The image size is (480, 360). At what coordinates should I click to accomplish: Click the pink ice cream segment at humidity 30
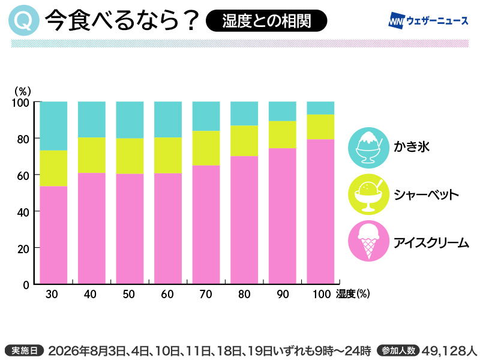pos(53,235)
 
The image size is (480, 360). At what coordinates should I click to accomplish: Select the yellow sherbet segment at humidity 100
pos(320,127)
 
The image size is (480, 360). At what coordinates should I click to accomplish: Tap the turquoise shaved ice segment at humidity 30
pos(53,126)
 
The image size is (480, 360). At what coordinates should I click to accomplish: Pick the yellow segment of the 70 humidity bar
pos(206,148)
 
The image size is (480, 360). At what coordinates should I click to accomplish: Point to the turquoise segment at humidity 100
pos(320,108)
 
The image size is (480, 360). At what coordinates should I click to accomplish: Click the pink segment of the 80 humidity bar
pos(244,220)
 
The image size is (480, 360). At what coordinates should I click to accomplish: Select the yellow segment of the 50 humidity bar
pos(130,156)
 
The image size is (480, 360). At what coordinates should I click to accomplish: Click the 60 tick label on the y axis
pos(23,176)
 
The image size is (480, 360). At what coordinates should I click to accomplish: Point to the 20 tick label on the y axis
pos(23,249)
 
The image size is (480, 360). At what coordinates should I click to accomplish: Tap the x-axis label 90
pos(283,294)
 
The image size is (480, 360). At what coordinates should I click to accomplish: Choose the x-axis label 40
pos(90,294)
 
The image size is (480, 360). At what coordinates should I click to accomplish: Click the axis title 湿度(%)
pos(353,294)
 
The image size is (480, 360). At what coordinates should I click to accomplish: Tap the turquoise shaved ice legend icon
pos(369,148)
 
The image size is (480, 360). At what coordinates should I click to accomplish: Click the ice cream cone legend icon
pos(369,241)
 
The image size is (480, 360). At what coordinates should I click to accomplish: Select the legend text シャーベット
pos(426,194)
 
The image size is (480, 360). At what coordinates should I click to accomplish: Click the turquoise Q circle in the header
pos(24,20)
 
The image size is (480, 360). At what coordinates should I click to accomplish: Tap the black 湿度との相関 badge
pos(266,20)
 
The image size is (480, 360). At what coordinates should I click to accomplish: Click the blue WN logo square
pos(397,20)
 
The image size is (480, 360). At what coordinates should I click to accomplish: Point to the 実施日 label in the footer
pos(25,350)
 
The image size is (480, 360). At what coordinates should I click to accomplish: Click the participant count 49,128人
pos(449,350)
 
